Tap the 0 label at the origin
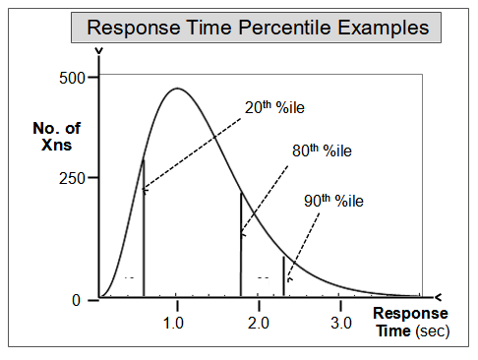click(x=77, y=300)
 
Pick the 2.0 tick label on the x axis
click(x=258, y=323)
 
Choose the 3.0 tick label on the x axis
click(x=339, y=323)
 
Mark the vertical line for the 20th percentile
click(x=144, y=236)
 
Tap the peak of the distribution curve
click(x=176, y=89)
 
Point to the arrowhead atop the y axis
click(x=97, y=51)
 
